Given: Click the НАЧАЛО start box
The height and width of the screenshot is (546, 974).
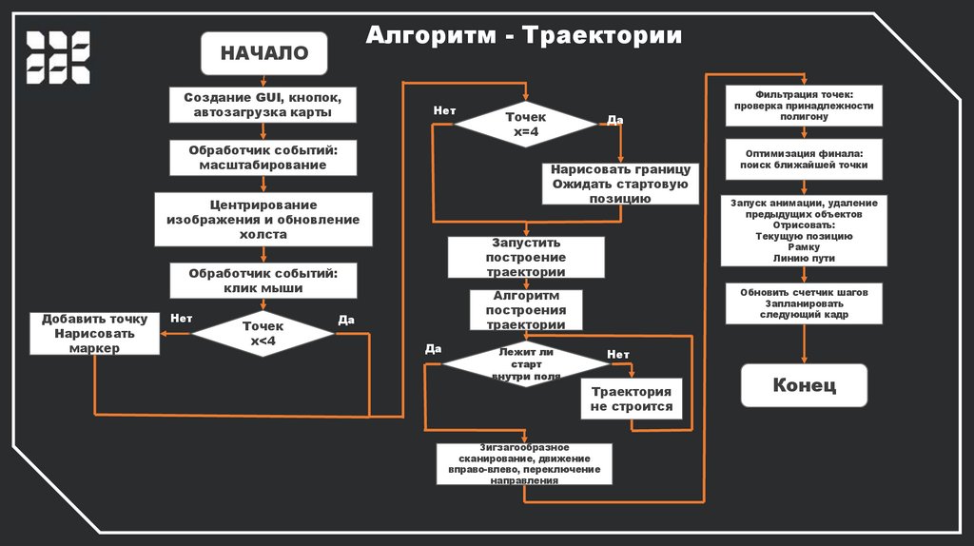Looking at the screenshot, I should click(263, 53).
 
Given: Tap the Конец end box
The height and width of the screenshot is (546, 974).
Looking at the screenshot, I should click(804, 385).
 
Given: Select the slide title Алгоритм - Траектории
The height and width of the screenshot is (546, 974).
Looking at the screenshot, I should click(524, 36).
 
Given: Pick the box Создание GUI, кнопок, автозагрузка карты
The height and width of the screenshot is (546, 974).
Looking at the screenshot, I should click(263, 105).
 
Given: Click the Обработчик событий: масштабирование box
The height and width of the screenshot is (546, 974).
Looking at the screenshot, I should click(263, 157).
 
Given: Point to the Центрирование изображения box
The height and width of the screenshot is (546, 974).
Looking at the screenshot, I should click(263, 219).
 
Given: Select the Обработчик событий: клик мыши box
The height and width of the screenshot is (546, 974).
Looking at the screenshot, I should click(263, 280).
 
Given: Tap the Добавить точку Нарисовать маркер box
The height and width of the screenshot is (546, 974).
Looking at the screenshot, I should click(94, 333).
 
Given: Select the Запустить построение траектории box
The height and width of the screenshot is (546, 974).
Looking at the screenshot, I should click(526, 257).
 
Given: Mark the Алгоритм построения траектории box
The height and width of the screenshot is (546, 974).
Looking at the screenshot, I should click(526, 310).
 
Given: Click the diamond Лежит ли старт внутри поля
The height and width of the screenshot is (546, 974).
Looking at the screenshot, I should click(519, 363).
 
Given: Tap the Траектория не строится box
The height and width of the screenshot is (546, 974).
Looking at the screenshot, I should click(631, 399).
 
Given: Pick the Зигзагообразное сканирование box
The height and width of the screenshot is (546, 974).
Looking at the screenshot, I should click(524, 463).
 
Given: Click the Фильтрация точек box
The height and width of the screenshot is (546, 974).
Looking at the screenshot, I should click(804, 105).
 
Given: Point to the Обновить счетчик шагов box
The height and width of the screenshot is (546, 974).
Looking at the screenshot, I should click(804, 302).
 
